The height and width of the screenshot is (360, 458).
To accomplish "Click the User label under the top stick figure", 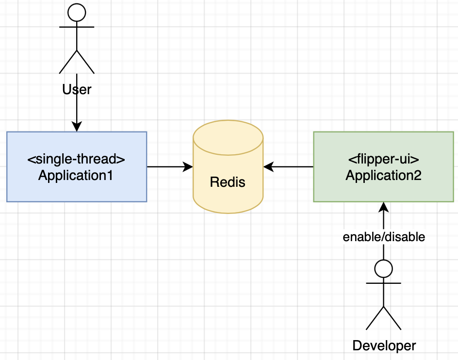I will tap(77, 90).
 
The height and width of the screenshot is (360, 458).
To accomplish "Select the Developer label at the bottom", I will tap(384, 345).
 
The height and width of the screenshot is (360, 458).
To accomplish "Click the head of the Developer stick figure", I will tap(384, 268).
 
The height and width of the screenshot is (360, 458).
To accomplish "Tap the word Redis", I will tap(228, 182).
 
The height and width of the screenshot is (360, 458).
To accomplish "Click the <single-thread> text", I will tap(77, 159).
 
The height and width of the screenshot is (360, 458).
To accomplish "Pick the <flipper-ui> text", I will tap(383, 159).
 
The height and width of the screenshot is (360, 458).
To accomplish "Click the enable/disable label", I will tap(384, 237).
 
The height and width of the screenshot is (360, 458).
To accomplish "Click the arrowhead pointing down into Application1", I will tap(77, 127).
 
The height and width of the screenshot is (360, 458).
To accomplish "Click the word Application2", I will tap(383, 175).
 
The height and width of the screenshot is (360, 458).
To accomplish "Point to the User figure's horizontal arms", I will tap(77, 28).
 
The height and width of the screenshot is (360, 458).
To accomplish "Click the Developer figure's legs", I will tap(384, 318).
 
